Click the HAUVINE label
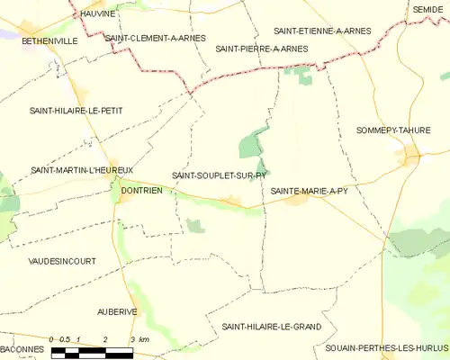point(98,14)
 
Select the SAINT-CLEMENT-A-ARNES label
point(155,39)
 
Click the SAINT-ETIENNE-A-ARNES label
point(321,31)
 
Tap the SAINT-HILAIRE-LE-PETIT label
point(76,111)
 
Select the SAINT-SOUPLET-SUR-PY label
point(219,175)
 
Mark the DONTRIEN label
point(141,190)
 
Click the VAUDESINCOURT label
point(62,260)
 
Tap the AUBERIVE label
point(117,310)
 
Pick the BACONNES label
point(22,348)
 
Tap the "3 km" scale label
point(139,338)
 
